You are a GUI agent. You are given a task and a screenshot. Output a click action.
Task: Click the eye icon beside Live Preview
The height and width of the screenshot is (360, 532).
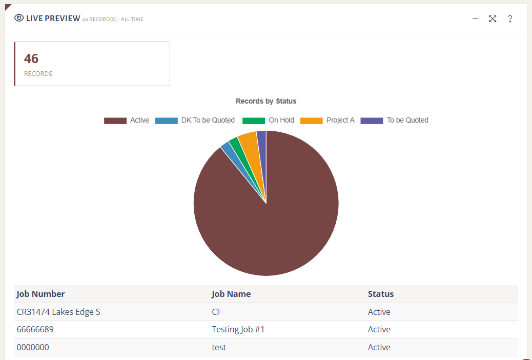pos(19,18)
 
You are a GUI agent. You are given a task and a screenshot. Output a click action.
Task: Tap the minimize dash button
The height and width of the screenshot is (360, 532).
pos(475,18)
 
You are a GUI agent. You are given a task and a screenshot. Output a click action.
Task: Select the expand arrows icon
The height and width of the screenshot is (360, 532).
pos(493,18)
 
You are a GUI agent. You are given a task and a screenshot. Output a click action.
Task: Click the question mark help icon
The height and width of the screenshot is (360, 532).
pos(510,18)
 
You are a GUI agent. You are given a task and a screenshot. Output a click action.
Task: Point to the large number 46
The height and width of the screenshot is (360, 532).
pos(31,58)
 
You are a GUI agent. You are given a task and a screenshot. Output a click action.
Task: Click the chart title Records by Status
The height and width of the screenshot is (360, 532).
pos(266,101)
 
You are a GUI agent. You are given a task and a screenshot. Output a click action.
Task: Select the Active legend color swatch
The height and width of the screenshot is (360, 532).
pos(115,121)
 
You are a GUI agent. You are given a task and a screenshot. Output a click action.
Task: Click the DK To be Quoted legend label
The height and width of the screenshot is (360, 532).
pos(208,120)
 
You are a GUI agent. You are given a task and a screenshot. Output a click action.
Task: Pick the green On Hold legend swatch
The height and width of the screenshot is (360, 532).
pos(254,121)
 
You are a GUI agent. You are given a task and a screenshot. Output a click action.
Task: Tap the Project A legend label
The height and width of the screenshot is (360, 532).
pos(340,120)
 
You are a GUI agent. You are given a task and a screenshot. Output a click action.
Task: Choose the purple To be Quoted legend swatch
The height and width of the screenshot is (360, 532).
pos(372,121)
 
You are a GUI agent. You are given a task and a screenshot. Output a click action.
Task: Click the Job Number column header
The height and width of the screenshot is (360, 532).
pos(40,294)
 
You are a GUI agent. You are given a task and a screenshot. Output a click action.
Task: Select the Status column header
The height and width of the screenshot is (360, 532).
pos(381,294)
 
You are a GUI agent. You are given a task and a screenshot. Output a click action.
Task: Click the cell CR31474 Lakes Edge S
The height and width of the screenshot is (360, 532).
pos(58,312)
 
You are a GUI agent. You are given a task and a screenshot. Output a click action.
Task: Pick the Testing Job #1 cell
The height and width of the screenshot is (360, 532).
pos(238,329)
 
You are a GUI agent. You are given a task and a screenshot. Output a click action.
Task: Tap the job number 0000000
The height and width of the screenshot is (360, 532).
pos(33,347)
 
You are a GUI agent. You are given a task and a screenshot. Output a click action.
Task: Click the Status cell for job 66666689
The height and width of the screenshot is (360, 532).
pos(379,329)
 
